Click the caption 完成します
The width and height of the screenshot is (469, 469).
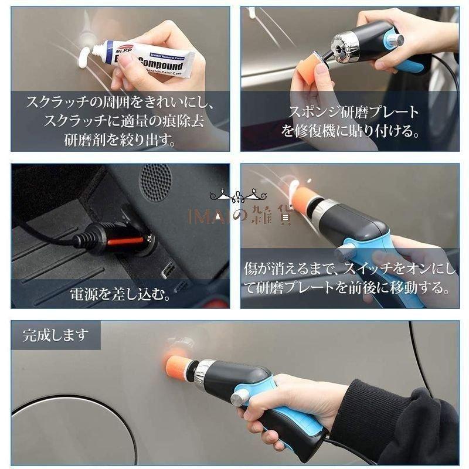56,335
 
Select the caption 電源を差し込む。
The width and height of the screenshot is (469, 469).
121,293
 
